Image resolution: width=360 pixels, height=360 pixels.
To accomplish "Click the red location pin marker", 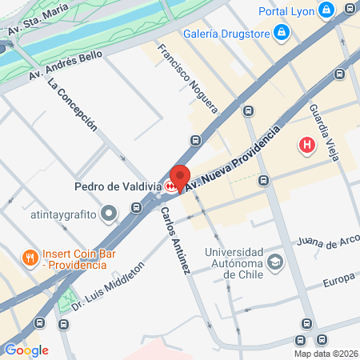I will pyautogui.click(x=179, y=176).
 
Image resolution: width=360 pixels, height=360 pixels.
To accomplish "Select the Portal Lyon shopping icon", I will pyautogui.click(x=326, y=10).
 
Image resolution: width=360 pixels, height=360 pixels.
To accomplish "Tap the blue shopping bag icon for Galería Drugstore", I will pyautogui.click(x=281, y=33).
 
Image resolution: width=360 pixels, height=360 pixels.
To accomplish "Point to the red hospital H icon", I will pyautogui.click(x=306, y=146).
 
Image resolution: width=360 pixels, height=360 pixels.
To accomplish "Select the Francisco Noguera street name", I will pyautogui.click(x=188, y=76).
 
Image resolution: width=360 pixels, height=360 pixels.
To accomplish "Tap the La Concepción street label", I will pyautogui.click(x=72, y=104).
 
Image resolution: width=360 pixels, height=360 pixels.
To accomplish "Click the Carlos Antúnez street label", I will pyautogui.click(x=175, y=242).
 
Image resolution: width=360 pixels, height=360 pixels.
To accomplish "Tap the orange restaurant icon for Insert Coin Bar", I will pyautogui.click(x=29, y=258).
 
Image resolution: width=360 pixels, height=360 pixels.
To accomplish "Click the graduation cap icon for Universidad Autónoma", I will pyautogui.click(x=275, y=262).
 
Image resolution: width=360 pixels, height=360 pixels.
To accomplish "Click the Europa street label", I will pyautogui.click(x=338, y=283).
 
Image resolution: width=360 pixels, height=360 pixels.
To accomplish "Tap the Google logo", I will pyautogui.click(x=26, y=350).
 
